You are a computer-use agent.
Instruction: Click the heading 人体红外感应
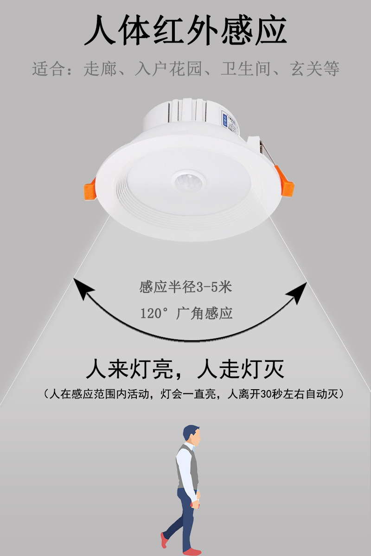(185, 31)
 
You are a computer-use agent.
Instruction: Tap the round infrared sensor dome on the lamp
(188, 181)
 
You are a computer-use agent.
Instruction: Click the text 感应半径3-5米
(185, 287)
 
